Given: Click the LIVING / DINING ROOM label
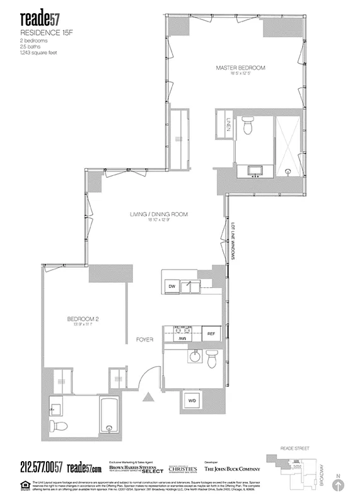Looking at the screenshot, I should click(x=159, y=215).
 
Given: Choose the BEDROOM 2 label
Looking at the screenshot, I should click(x=83, y=319).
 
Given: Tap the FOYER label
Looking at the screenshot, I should click(x=145, y=340).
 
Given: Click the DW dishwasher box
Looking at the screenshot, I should click(x=171, y=287).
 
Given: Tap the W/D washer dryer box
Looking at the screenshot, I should click(x=192, y=400).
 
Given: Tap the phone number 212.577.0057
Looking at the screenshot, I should click(x=32, y=467).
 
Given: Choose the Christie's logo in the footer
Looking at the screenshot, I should click(x=182, y=468).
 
